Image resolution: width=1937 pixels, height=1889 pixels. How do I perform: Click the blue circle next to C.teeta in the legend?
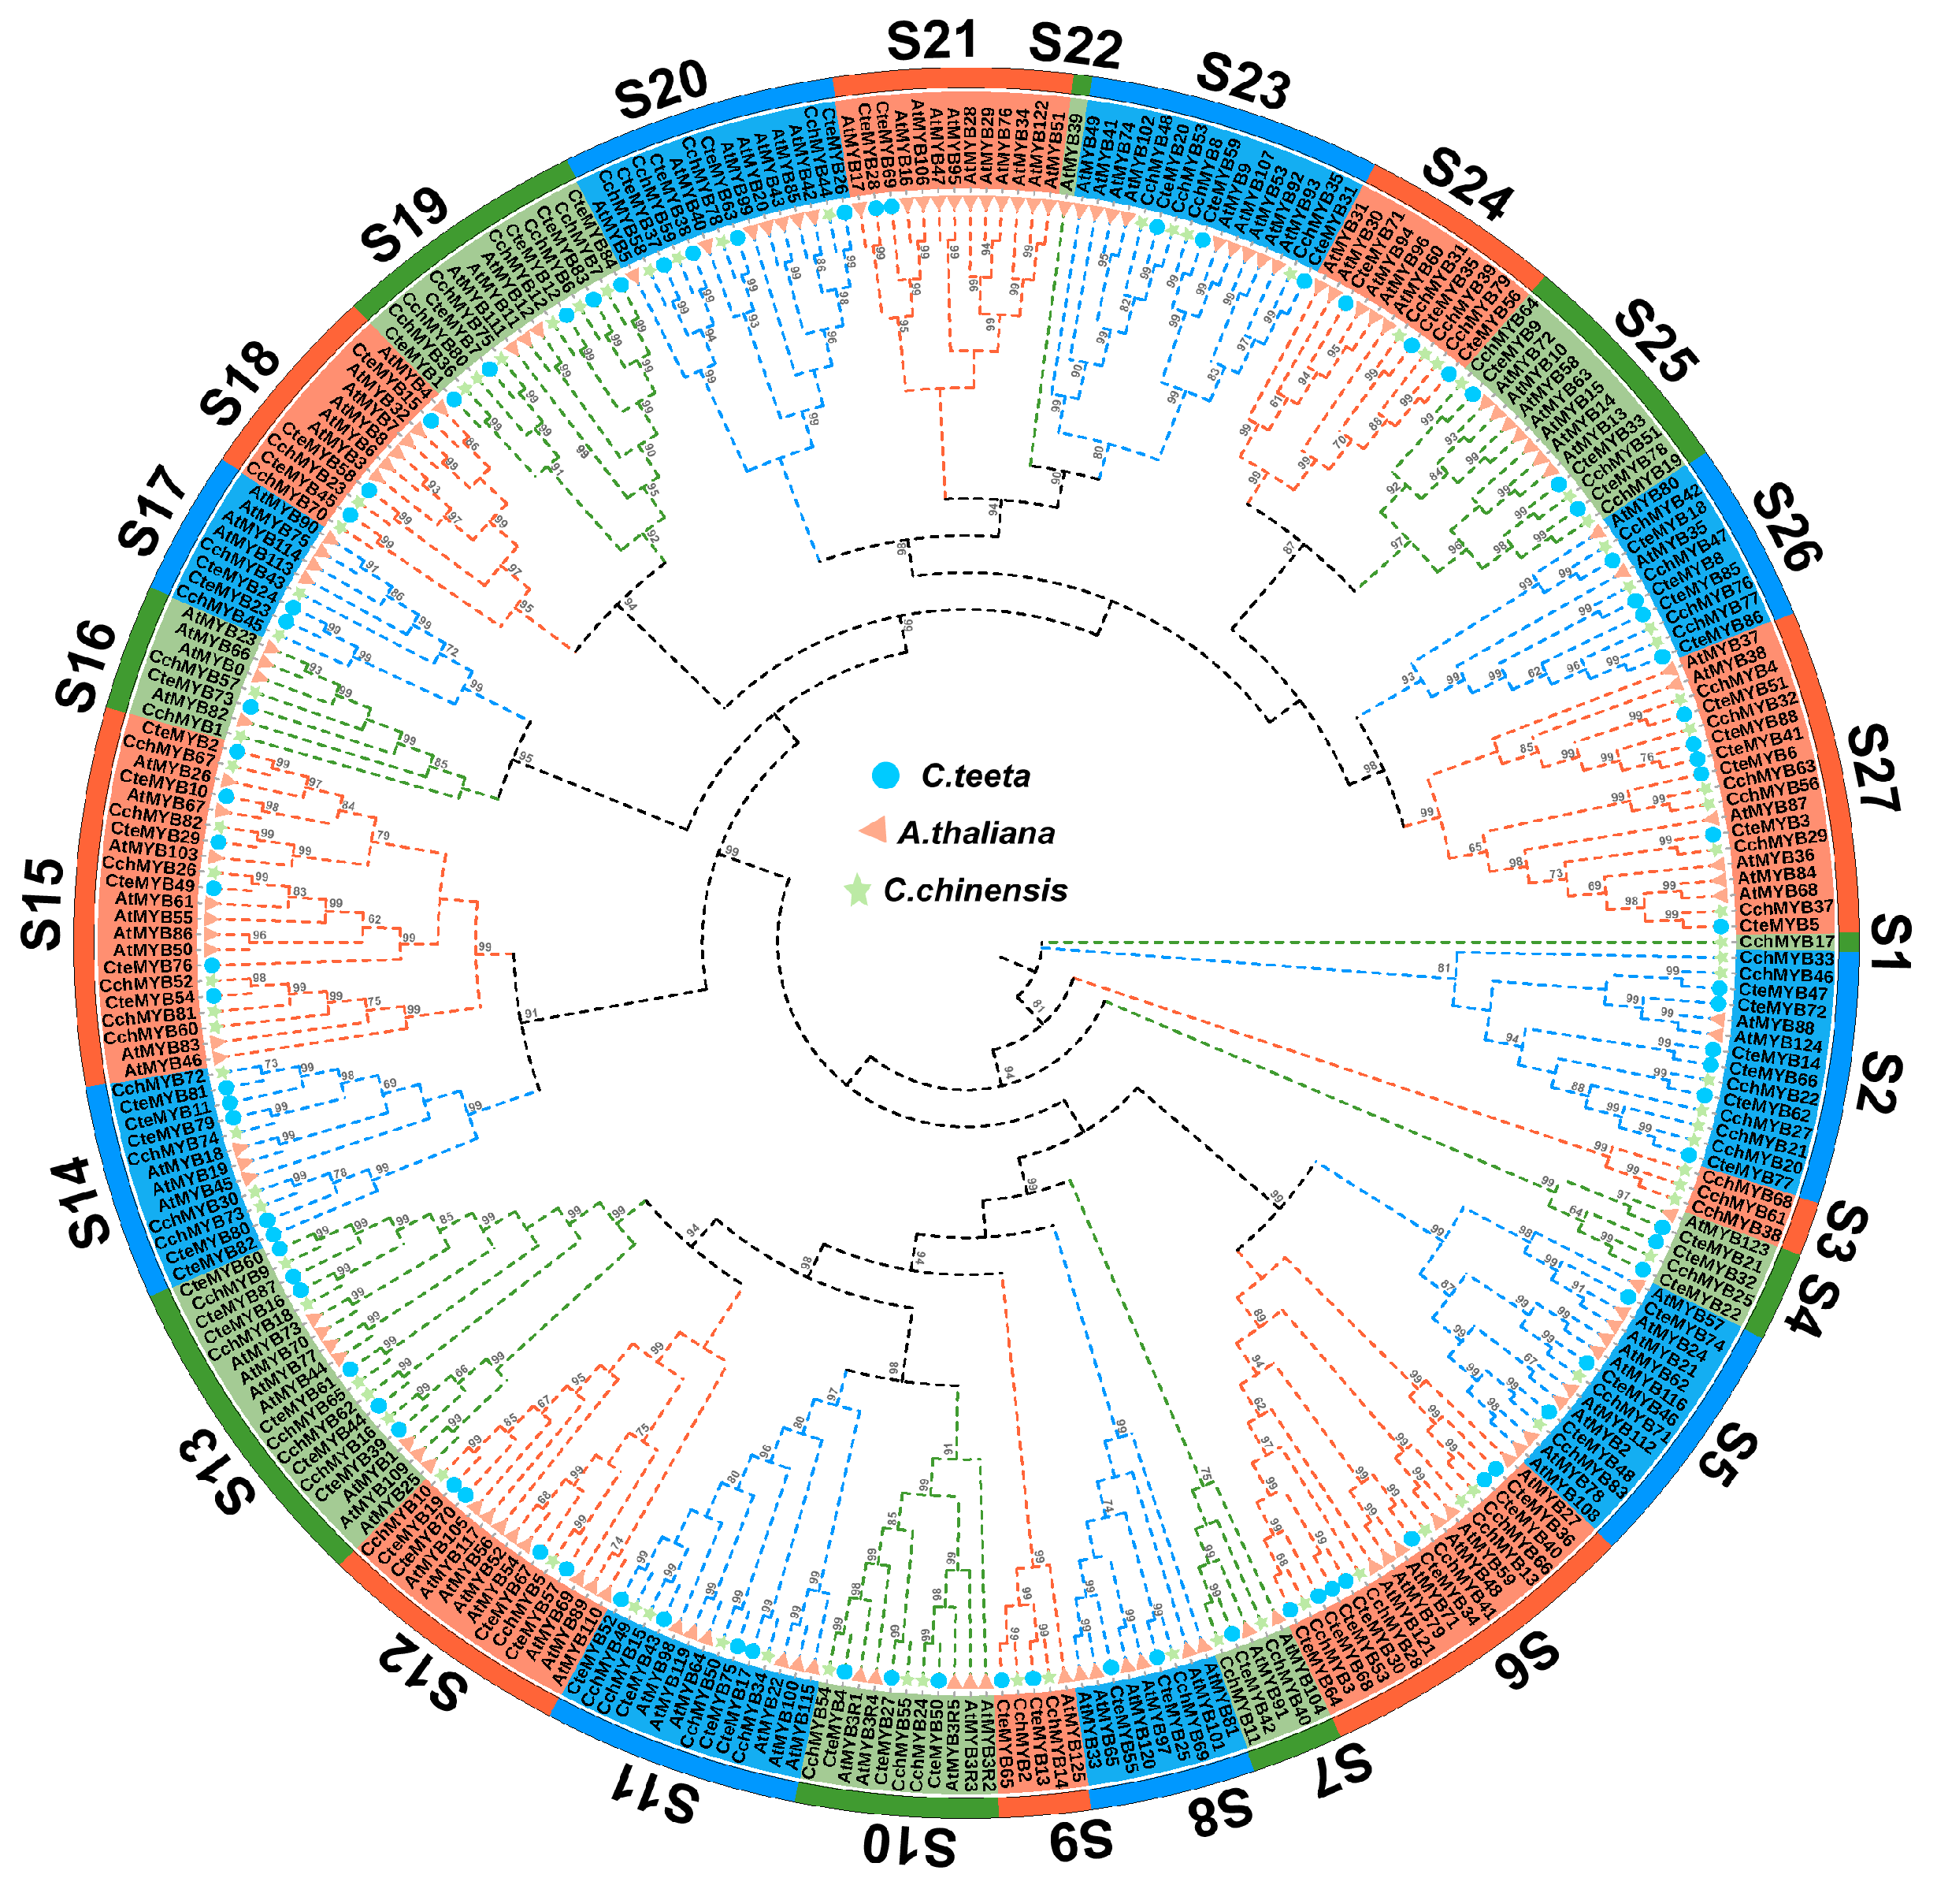(885, 775)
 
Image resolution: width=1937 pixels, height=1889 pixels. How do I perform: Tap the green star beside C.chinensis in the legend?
(857, 891)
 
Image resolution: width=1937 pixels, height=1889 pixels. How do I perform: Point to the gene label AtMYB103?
(153, 850)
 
